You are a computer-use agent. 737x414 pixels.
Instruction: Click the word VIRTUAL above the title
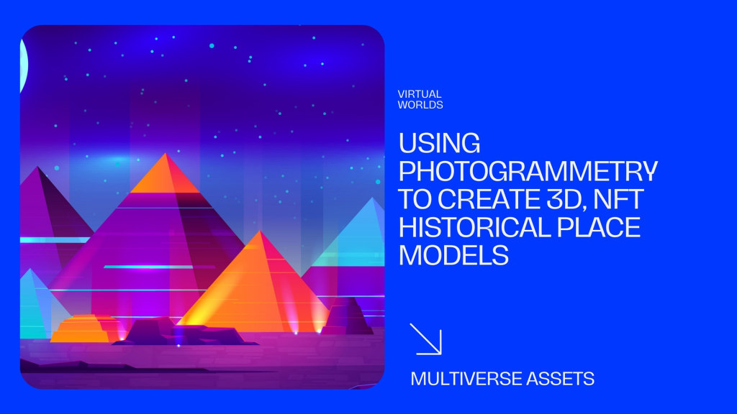point(420,94)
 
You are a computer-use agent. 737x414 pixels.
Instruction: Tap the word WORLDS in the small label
point(420,105)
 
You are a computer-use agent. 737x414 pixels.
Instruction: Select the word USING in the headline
point(440,143)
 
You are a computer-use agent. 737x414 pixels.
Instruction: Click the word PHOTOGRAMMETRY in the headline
point(528,171)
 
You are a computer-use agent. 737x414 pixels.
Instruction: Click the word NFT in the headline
point(618,199)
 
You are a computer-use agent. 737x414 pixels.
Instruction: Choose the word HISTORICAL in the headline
point(474,228)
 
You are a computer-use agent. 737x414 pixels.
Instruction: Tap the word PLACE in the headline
point(598,228)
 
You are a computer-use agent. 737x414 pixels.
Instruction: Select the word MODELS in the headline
point(453,256)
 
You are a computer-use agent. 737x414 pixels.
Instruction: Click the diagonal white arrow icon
point(425,339)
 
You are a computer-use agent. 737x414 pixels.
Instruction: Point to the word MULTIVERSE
point(466,379)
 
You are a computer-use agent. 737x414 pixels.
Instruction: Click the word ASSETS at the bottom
point(560,379)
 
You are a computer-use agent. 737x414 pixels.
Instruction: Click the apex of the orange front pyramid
point(259,231)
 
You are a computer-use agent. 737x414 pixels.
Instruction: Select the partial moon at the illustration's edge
point(24,65)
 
